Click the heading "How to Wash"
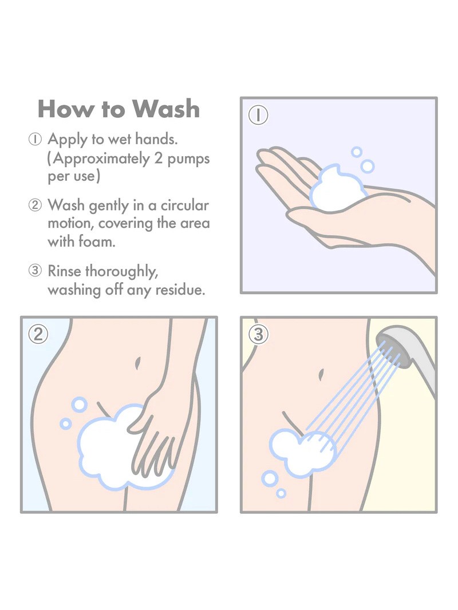(x=119, y=109)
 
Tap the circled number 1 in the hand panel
(x=258, y=115)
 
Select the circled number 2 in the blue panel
(x=38, y=334)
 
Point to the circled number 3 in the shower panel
(x=258, y=334)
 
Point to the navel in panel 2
(x=137, y=363)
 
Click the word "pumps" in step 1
(x=188, y=160)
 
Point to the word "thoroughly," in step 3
(x=121, y=272)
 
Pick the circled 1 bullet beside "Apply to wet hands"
(x=35, y=139)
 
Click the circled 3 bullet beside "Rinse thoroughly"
(x=35, y=271)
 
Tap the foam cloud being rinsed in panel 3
(x=303, y=453)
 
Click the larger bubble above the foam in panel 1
(x=368, y=167)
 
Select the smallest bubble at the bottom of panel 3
(x=281, y=494)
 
